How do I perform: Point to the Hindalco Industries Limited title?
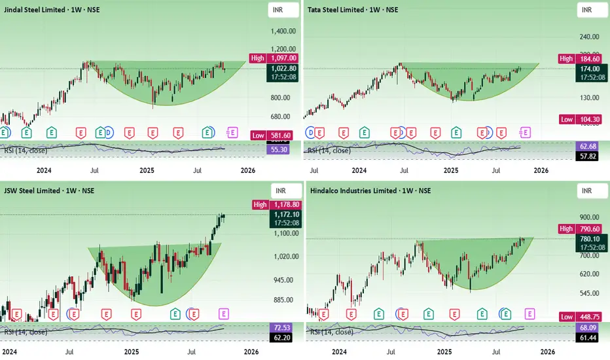369,190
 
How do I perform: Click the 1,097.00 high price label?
285,59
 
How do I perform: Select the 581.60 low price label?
285,135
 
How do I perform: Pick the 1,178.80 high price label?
285,205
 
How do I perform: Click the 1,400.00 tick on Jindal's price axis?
283,31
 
